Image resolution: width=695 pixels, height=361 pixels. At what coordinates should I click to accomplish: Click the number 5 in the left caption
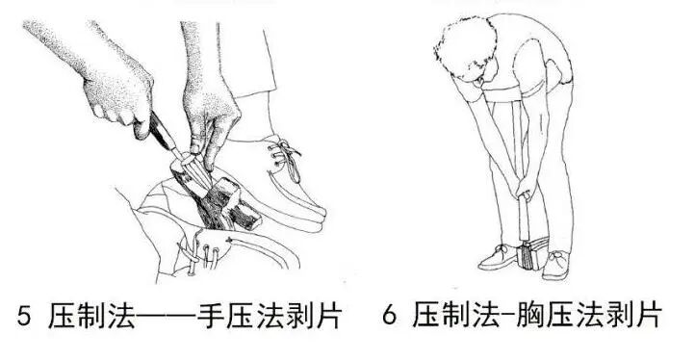pos(24,316)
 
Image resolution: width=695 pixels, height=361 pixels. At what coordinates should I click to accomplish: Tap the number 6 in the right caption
pos(389,316)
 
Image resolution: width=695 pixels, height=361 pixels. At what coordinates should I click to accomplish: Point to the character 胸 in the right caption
pos(530,315)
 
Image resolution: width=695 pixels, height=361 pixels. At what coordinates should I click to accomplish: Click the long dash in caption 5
pos(166,316)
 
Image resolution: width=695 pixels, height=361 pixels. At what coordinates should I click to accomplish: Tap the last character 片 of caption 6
pos(646,315)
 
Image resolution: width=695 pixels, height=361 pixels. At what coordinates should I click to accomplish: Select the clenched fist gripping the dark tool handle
pos(118,96)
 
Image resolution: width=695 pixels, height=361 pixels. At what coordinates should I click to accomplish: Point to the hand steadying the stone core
pos(209,118)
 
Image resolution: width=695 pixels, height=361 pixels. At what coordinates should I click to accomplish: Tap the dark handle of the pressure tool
pos(161,131)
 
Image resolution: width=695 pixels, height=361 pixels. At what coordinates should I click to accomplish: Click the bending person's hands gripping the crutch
pos(523,189)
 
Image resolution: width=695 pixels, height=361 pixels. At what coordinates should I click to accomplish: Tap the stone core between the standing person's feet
pos(533,255)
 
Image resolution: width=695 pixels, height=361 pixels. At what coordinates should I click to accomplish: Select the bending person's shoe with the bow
pos(556,265)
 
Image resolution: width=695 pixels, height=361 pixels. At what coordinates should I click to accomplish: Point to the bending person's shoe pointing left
pos(498,258)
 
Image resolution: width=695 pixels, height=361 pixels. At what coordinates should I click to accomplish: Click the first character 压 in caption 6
pos(426,315)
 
